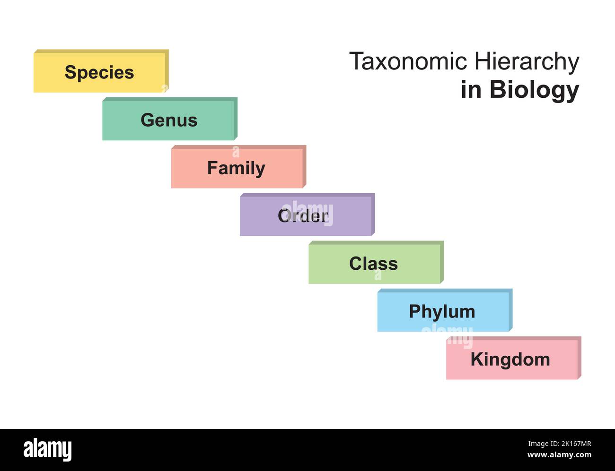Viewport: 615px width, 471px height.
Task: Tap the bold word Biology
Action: (534, 90)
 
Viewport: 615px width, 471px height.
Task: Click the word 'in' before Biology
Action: (471, 89)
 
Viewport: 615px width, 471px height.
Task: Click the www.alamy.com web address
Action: (559, 455)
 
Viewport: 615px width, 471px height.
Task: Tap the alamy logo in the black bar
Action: (47, 449)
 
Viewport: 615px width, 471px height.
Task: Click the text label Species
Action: (99, 73)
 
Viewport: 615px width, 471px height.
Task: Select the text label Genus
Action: (169, 120)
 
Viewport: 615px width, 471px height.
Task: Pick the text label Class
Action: (373, 264)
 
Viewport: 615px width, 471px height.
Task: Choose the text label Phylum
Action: (442, 312)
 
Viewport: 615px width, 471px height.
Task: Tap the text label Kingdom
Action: (510, 360)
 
